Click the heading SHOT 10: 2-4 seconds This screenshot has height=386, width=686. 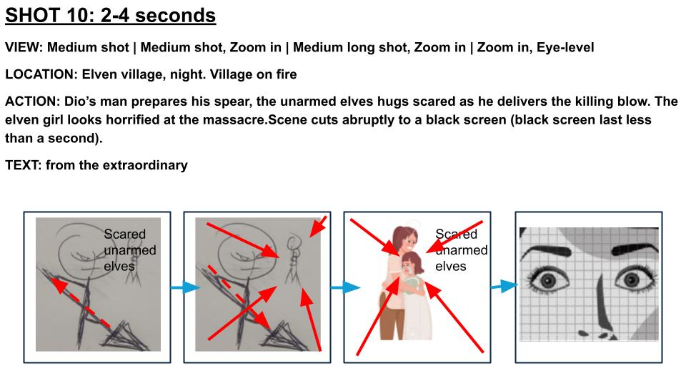(111, 15)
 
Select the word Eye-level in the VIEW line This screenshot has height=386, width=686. (560, 47)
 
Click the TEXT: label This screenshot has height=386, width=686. (24, 165)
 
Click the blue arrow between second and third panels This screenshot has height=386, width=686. (337, 288)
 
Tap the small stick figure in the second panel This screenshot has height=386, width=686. (292, 260)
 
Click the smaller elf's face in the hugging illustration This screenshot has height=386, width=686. (411, 266)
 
